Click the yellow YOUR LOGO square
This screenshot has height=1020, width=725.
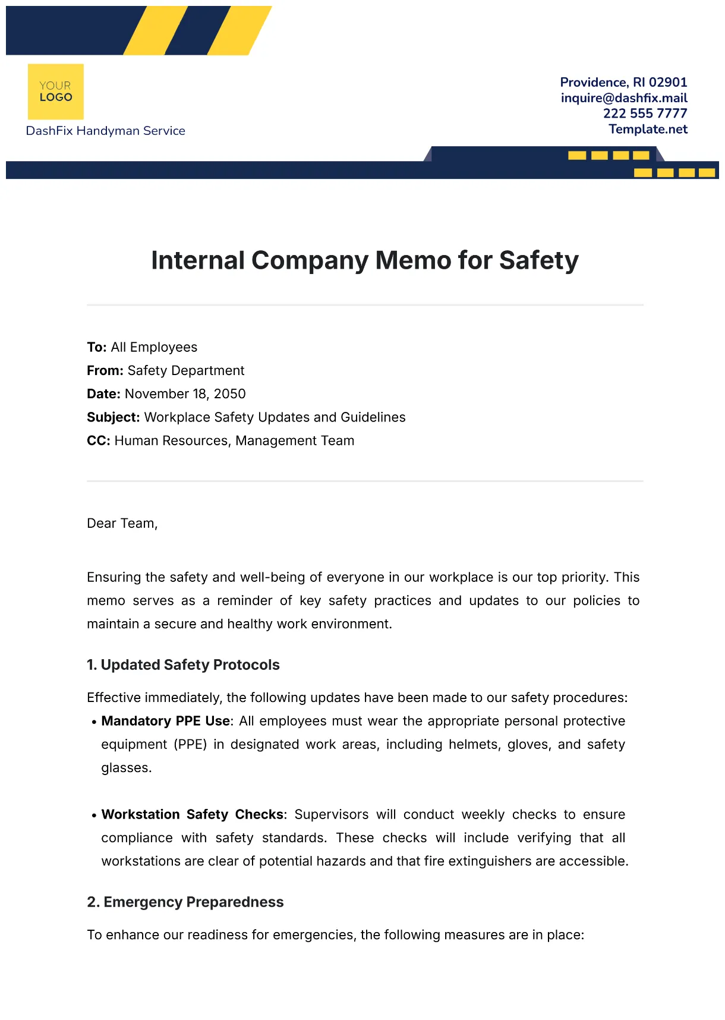coord(55,92)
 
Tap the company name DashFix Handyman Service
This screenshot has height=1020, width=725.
coord(105,131)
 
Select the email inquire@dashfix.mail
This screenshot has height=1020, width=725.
coord(623,98)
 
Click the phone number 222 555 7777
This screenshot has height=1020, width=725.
coord(645,114)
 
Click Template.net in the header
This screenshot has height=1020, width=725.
coord(648,129)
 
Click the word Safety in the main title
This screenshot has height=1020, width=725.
coord(538,260)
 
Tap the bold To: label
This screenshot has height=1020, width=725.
coord(96,347)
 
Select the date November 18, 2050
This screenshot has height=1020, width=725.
coord(185,394)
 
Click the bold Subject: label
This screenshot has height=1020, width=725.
coord(113,417)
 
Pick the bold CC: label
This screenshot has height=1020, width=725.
coord(98,440)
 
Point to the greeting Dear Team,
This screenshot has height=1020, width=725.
coord(122,523)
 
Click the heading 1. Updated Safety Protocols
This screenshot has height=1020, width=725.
coord(183,665)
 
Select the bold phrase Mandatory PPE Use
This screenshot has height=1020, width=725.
coord(165,721)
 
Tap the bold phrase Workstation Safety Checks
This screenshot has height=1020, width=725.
coord(193,814)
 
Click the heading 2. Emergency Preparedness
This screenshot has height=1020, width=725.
coord(185,902)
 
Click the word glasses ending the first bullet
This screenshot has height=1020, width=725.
coord(126,768)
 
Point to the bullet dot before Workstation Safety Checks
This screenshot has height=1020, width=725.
coord(94,816)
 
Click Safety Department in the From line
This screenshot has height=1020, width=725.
coord(185,371)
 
